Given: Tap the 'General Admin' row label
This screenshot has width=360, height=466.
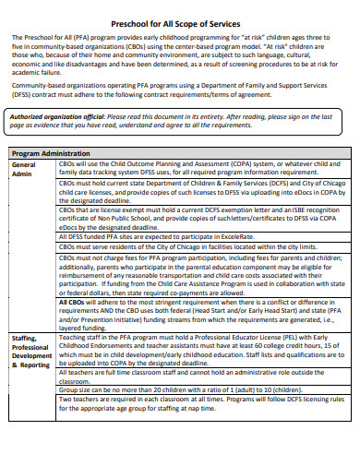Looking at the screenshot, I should (24, 169).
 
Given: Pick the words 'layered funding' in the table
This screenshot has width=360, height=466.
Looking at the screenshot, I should (81, 327).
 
